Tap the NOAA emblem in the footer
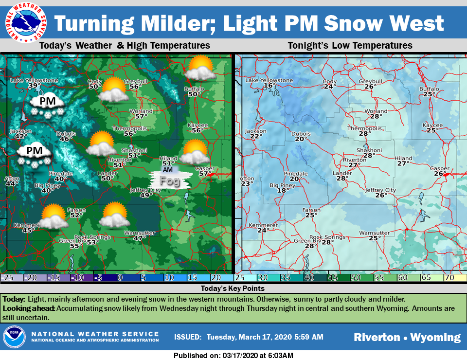[x=15, y=337]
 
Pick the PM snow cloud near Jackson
[x=35, y=155]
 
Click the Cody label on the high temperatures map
[x=94, y=81]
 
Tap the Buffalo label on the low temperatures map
[x=429, y=89]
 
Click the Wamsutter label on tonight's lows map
[x=374, y=233]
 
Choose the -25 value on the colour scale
[x=7, y=278]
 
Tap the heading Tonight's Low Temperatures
[x=350, y=46]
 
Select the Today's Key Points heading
[x=233, y=288]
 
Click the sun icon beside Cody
[x=113, y=89]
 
